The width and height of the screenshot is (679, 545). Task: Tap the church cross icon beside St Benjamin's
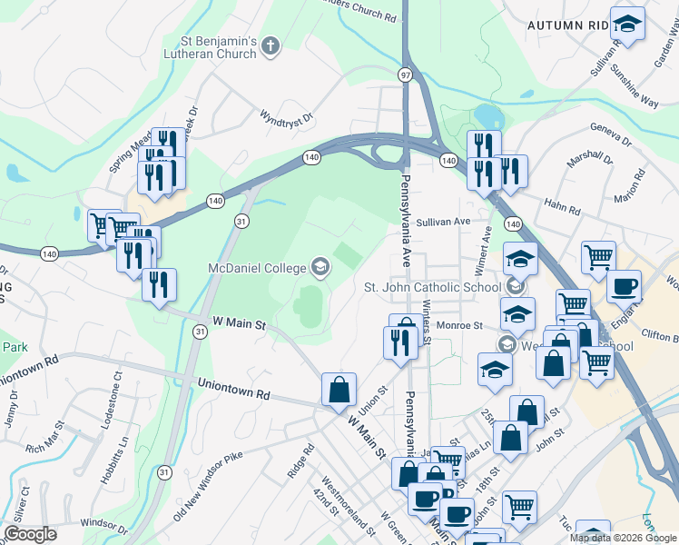(270, 42)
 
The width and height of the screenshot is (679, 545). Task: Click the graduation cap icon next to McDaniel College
(320, 266)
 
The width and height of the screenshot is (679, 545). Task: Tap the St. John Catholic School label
(432, 287)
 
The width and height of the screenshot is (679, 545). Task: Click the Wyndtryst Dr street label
(286, 117)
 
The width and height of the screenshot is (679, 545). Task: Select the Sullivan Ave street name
(444, 221)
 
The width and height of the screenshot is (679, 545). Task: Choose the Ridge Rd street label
(301, 460)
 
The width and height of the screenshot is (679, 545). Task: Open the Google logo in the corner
(30, 534)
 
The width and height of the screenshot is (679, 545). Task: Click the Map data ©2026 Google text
(623, 538)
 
